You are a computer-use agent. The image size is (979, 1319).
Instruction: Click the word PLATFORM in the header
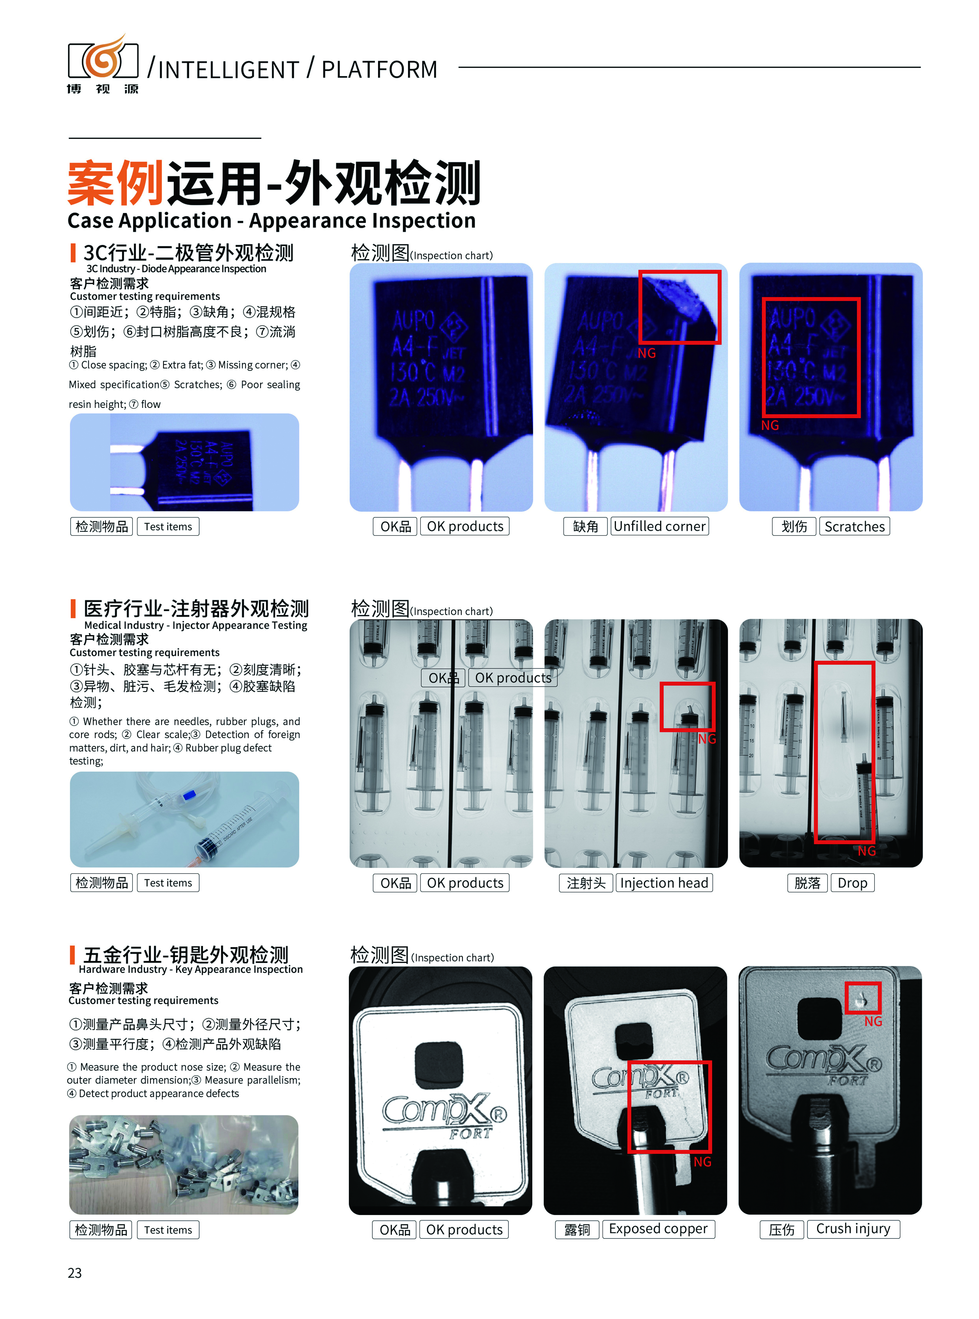pyautogui.click(x=379, y=69)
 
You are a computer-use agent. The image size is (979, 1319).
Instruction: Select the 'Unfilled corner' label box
pyautogui.click(x=660, y=526)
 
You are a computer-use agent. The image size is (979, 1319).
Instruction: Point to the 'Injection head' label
pyautogui.click(x=664, y=883)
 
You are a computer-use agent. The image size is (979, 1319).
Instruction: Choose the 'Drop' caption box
pyautogui.click(x=852, y=883)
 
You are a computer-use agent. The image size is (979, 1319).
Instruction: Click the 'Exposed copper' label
pyautogui.click(x=659, y=1229)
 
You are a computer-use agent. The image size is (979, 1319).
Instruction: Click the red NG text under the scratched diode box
pyautogui.click(x=770, y=426)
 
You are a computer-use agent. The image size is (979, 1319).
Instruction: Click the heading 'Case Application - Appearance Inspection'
pyautogui.click(x=271, y=220)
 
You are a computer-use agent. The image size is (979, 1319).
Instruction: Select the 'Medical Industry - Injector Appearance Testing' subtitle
pyautogui.click(x=196, y=625)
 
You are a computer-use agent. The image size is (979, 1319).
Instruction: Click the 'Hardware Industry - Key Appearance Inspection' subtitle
pyautogui.click(x=191, y=969)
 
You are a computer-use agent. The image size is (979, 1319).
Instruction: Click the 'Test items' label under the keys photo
pyautogui.click(x=168, y=1230)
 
